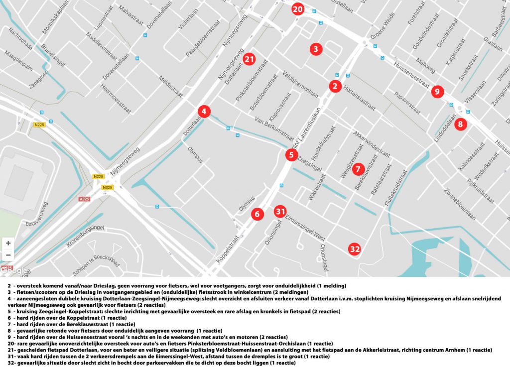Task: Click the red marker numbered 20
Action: [297, 9]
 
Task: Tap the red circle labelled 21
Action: [250, 59]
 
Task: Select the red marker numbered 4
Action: [204, 112]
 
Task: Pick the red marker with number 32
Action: [355, 249]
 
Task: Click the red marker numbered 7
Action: [358, 169]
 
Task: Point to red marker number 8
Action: [461, 124]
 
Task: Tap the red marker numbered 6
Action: [257, 214]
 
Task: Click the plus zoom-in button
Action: [8, 244]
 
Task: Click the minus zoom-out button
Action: [8, 255]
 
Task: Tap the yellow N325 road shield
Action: [107, 187]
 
